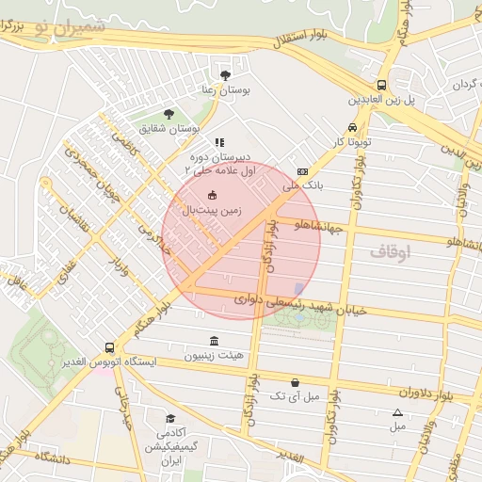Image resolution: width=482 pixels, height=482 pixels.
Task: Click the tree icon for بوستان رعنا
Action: (224, 74)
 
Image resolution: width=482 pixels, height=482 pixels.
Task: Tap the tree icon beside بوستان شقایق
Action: (169, 113)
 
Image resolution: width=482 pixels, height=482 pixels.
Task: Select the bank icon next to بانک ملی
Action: (301, 171)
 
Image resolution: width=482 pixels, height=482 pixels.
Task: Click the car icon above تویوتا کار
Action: (352, 127)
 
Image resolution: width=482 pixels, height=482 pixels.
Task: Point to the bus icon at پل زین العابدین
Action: (381, 84)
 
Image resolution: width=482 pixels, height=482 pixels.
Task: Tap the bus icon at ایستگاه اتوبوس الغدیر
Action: (110, 346)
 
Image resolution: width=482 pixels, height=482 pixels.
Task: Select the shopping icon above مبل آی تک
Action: (297, 382)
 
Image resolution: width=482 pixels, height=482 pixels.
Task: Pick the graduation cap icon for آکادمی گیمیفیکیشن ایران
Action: (170, 418)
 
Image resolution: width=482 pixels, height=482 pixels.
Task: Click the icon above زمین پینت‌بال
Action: (212, 195)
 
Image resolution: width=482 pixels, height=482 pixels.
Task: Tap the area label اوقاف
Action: (384, 251)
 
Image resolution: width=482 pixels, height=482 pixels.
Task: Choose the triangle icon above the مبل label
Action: (397, 412)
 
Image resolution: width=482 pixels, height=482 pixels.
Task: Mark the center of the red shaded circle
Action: (241, 240)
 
